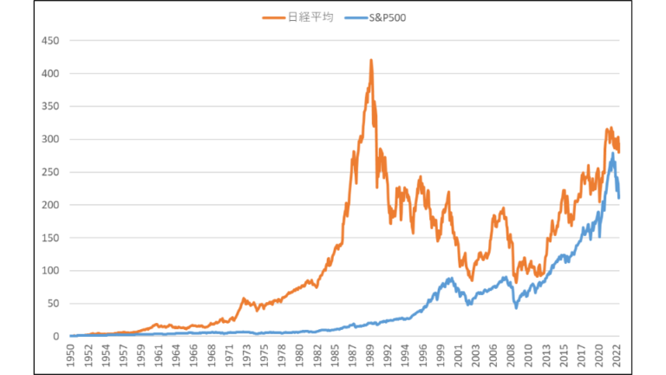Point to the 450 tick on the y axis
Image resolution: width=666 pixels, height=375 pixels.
(51, 41)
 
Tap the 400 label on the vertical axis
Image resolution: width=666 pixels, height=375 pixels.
(51, 74)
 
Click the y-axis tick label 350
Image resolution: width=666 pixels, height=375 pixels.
(51, 107)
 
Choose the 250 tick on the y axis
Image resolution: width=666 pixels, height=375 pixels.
(51, 173)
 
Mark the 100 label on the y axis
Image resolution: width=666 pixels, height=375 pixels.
(51, 271)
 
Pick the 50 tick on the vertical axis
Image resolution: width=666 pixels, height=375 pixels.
(54, 304)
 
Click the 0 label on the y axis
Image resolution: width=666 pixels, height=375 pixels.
(57, 337)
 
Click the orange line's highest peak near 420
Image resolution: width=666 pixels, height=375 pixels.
(371, 61)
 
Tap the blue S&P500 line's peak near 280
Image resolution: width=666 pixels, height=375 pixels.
(613, 154)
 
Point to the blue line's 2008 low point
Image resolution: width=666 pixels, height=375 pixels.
(516, 307)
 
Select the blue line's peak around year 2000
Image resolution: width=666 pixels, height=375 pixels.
(451, 279)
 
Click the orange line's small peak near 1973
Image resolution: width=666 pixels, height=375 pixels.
(244, 298)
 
